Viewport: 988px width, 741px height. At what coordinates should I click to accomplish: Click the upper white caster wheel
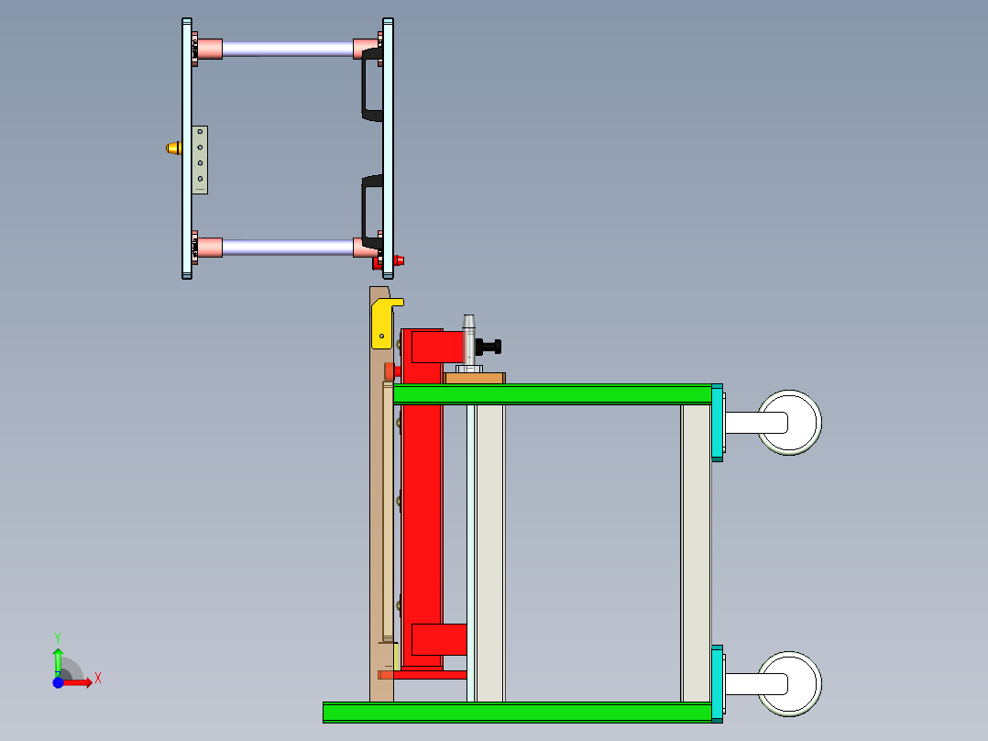tap(789, 423)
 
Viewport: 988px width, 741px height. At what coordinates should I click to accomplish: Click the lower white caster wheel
tap(789, 683)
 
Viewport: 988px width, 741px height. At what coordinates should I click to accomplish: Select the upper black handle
tap(370, 85)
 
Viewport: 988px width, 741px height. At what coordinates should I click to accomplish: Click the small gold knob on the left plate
tap(172, 148)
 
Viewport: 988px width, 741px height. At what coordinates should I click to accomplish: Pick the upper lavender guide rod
tap(287, 49)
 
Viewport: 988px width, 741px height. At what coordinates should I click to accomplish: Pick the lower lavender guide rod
tap(287, 247)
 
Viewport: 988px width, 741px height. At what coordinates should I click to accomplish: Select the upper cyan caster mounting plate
tap(717, 423)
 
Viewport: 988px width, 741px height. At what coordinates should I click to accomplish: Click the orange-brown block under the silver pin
tap(475, 377)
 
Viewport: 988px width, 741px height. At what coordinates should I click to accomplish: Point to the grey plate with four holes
tap(200, 160)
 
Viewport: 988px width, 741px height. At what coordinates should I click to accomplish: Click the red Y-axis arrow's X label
tap(97, 678)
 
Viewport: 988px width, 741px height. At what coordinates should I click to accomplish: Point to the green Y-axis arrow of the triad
tap(58, 659)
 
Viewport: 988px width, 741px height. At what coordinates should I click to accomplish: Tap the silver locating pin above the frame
tap(469, 337)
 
